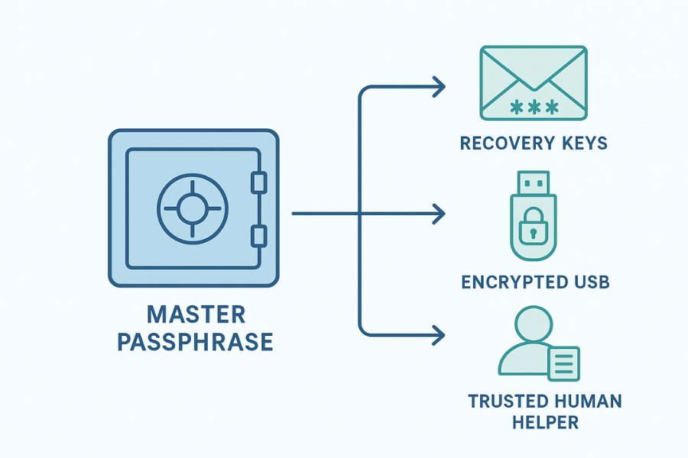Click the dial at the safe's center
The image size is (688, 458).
192,207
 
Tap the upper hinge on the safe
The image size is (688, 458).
259,182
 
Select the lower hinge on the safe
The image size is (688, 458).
259,234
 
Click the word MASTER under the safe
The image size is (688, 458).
196,314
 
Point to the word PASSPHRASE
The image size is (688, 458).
195,341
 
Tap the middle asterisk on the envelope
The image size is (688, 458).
533,108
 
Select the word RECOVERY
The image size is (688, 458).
506,143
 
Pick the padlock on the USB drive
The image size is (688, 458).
534,227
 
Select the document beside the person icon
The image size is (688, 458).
563,363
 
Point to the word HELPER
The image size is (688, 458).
534,421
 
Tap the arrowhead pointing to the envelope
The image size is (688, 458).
438,87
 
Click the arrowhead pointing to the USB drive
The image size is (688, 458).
438,214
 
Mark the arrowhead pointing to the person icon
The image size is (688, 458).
438,334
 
